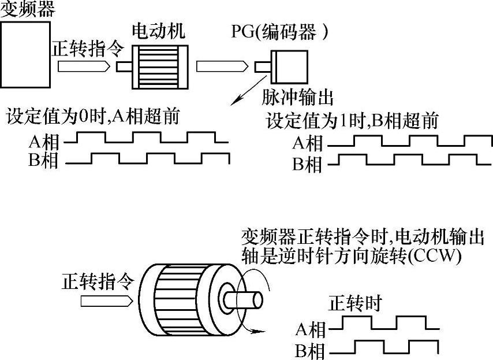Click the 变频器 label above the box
pyautogui.click(x=28, y=9)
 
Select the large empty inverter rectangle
pyautogui.click(x=25, y=55)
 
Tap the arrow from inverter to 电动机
pyautogui.click(x=84, y=66)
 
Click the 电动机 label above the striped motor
pyautogui.click(x=158, y=31)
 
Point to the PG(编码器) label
pyautogui.click(x=280, y=32)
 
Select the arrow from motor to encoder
pyautogui.click(x=222, y=66)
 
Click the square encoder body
pyautogui.click(x=289, y=66)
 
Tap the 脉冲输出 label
pyautogui.click(x=297, y=97)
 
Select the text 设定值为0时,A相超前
pyautogui.click(x=93, y=116)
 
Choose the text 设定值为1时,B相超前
pyautogui.click(x=352, y=121)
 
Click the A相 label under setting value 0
pyautogui.click(x=44, y=142)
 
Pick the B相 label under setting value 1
pyautogui.click(x=307, y=164)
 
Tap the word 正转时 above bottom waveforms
pyautogui.click(x=355, y=303)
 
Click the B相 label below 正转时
pyautogui.click(x=309, y=351)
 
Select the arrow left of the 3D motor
pyautogui.click(x=106, y=301)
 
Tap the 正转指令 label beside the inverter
pyautogui.click(x=88, y=49)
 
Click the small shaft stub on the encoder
pyautogui.click(x=263, y=66)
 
